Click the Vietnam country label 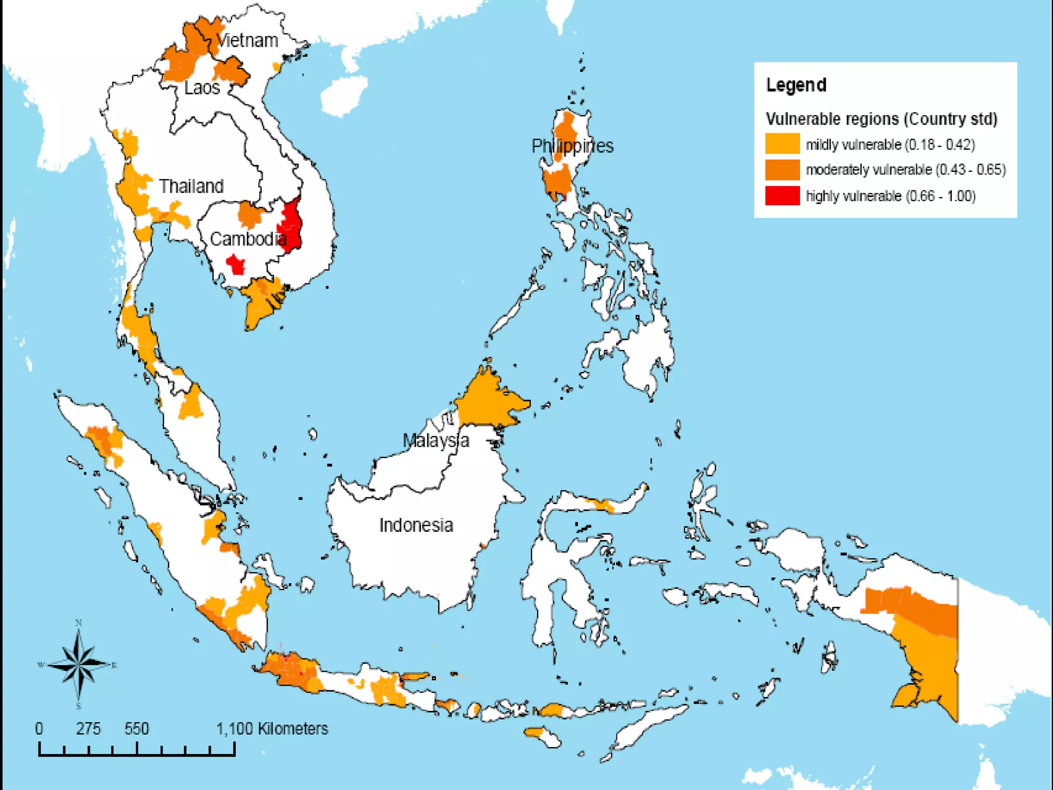click(247, 40)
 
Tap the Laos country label click(202, 87)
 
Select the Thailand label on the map click(191, 186)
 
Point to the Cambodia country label click(248, 239)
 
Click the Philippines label click(572, 146)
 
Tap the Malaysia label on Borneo click(435, 440)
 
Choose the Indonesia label click(416, 525)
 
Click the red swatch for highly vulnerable click(782, 196)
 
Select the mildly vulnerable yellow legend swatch click(782, 144)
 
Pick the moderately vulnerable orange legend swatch click(782, 170)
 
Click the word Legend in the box click(796, 85)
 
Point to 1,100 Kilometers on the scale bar click(272, 729)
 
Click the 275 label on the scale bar click(88, 729)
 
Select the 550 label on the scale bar click(137, 729)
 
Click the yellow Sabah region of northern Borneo click(488, 401)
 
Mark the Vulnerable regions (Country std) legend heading click(881, 119)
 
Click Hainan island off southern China click(343, 96)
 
